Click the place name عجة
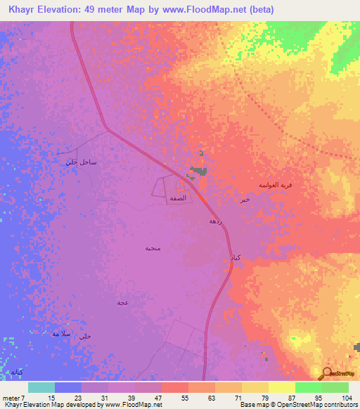point(122,302)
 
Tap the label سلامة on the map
point(61,333)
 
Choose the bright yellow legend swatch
point(281,387)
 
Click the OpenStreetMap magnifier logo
point(328,374)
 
